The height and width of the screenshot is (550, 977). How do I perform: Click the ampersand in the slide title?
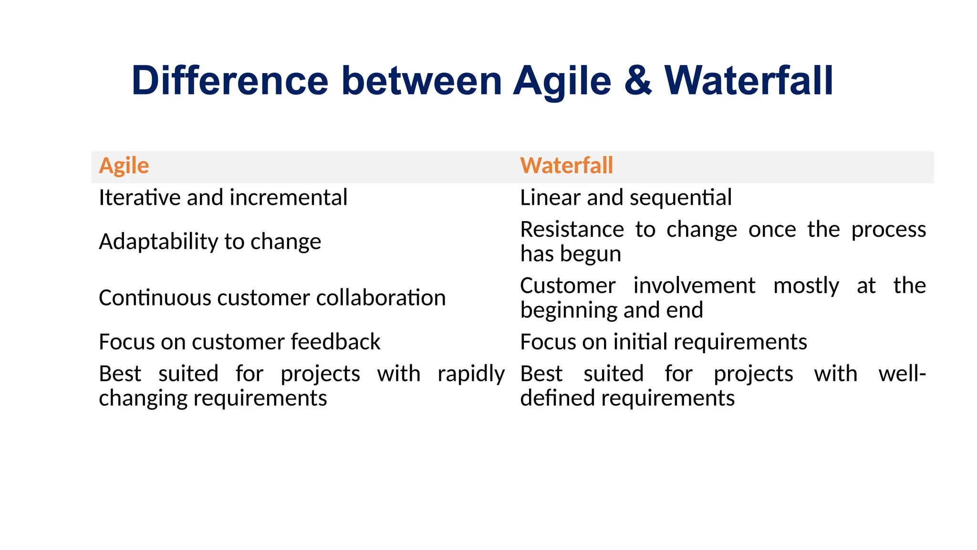637,80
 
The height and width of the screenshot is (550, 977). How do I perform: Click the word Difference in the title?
230,80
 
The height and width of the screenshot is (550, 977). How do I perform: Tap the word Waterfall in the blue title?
748,80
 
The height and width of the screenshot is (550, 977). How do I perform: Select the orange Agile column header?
124,166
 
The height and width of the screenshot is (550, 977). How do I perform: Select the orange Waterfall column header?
566,166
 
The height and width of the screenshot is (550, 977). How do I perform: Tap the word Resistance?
572,230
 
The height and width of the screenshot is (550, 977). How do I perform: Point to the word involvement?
694,286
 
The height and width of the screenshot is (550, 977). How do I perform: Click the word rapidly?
471,374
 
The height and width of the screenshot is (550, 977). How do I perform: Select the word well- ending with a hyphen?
902,373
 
